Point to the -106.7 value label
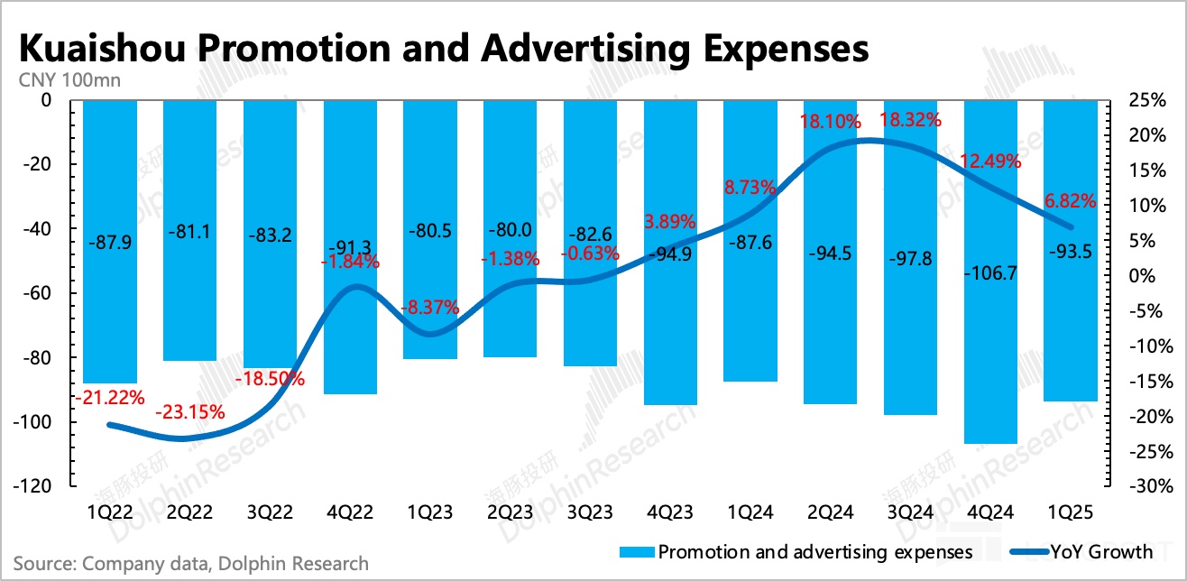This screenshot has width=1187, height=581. [990, 272]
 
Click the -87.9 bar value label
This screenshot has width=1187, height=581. [109, 242]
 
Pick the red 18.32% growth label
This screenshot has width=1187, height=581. [911, 120]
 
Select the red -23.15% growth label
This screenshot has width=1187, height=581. [190, 413]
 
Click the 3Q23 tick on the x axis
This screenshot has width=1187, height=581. [590, 512]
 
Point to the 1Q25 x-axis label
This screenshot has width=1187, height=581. [1071, 512]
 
